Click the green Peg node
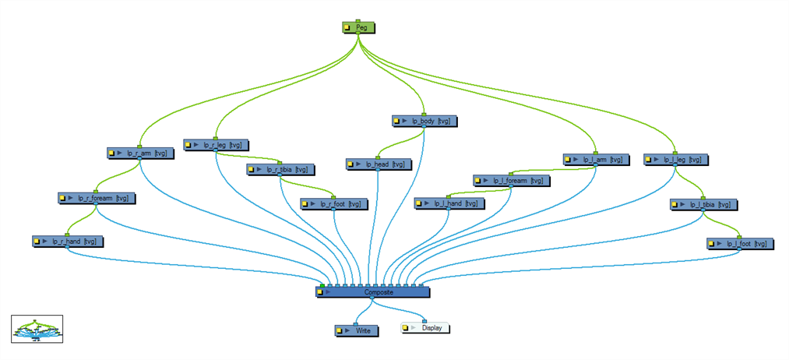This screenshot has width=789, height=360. [x=358, y=27]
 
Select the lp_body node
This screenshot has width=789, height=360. [x=424, y=121]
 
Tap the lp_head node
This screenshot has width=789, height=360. [x=378, y=164]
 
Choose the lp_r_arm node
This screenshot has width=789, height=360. [x=140, y=153]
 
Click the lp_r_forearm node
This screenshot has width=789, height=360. [x=97, y=198]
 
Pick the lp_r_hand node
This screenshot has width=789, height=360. [x=68, y=242]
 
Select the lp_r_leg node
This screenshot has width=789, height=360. [x=216, y=145]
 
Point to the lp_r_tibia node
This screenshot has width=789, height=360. [x=280, y=170]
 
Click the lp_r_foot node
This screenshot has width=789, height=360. [x=333, y=204]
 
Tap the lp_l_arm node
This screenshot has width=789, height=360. [x=597, y=160]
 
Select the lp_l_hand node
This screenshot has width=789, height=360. [x=449, y=203]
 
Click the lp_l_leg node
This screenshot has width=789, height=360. [x=676, y=160]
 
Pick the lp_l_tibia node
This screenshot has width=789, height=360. [x=703, y=205]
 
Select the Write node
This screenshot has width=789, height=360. [x=356, y=331]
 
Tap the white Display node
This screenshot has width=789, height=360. [x=424, y=328]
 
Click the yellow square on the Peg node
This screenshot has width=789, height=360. [x=347, y=28]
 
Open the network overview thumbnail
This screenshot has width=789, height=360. [x=37, y=330]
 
